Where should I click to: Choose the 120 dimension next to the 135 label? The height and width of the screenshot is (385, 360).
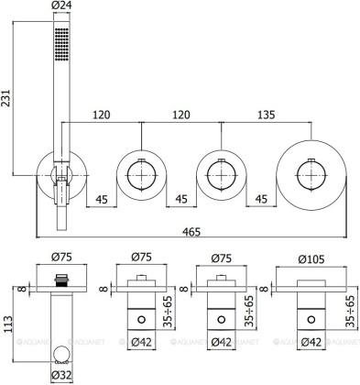pyautogui.click(x=181, y=116)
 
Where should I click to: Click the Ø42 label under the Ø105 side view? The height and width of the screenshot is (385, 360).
pyautogui.click(x=311, y=343)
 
